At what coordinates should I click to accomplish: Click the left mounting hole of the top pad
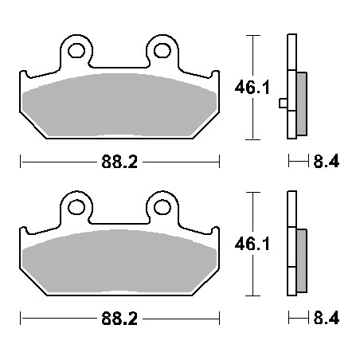click(76, 51)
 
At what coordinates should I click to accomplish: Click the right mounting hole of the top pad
click(162, 51)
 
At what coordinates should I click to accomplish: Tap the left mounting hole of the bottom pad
click(76, 207)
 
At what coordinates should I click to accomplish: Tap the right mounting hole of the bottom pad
click(162, 207)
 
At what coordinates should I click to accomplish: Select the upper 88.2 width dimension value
click(119, 162)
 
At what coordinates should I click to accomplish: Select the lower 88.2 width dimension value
click(119, 319)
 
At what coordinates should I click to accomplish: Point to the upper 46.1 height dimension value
click(252, 88)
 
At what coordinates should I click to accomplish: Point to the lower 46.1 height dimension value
click(252, 244)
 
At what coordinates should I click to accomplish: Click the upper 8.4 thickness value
click(327, 161)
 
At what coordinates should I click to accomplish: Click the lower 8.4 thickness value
click(327, 318)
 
